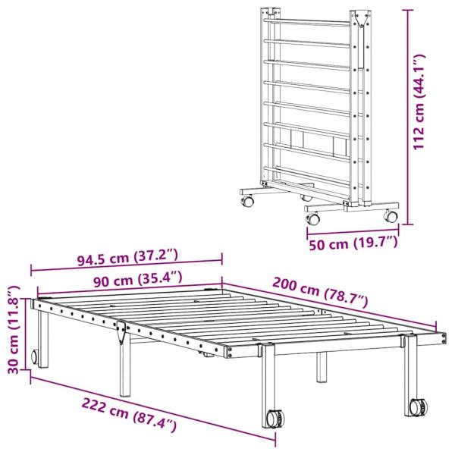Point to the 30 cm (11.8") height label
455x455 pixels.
point(11,328)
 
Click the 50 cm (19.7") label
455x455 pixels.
point(353,243)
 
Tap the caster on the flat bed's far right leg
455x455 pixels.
point(416,407)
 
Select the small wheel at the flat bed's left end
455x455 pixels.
point(35,357)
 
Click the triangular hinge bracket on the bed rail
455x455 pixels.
point(121,331)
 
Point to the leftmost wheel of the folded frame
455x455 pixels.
point(247,202)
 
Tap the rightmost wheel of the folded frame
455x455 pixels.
point(391,216)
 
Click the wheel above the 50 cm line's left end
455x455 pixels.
point(312,218)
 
